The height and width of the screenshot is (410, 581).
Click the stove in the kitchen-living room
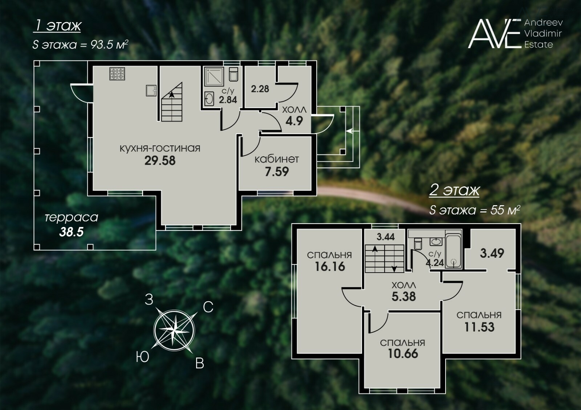117,73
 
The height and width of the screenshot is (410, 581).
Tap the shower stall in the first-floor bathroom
214,76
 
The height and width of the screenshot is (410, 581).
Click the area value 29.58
160,161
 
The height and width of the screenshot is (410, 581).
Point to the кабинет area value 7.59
277,172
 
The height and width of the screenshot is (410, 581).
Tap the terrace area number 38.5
71,232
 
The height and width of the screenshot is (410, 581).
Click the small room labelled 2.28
260,89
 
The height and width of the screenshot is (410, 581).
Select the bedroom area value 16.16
330,266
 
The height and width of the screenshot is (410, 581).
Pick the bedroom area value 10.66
403,353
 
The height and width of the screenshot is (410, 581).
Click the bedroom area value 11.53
479,327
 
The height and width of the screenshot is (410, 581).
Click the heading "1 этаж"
57,26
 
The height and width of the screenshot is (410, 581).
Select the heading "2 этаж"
454,191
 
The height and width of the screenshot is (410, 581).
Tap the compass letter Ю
142,357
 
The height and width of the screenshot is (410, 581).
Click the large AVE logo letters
495,34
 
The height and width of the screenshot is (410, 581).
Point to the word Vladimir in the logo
543,34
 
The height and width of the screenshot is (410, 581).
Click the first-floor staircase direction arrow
171,94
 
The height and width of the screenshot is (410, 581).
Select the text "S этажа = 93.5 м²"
80,45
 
